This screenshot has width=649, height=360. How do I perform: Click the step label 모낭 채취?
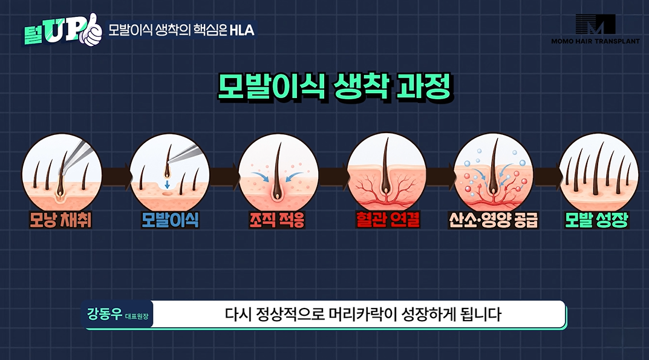[60, 220]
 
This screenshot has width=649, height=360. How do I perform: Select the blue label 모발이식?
[170, 220]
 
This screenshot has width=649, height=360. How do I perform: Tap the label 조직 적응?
[277, 220]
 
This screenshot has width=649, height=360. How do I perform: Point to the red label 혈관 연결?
[388, 220]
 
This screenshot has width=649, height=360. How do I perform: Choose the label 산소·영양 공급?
[494, 220]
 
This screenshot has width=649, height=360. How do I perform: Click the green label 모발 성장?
[597, 220]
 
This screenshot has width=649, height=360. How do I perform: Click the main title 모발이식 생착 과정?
[335, 87]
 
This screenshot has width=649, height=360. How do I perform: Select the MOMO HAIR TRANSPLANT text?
[595, 41]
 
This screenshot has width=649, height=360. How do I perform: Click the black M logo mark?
[596, 24]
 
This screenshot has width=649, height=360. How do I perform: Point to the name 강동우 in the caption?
[104, 313]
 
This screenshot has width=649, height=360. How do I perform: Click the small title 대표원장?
[137, 316]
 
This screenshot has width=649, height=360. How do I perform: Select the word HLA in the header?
[242, 30]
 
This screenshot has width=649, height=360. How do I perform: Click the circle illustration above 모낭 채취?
[62, 173]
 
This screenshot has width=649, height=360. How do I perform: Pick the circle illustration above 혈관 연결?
[386, 173]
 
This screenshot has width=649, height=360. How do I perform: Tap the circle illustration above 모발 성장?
[599, 173]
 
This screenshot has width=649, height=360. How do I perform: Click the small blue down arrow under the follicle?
[167, 184]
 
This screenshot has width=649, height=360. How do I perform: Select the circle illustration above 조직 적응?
[279, 173]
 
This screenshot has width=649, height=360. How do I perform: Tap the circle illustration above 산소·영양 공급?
[494, 173]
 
